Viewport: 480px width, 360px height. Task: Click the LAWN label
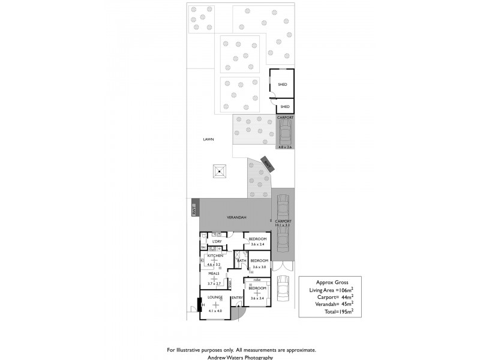(208, 139)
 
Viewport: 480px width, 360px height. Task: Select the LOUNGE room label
(215, 298)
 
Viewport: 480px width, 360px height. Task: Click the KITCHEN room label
(215, 256)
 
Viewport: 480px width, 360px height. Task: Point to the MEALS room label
(214, 274)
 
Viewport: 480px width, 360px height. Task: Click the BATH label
(242, 260)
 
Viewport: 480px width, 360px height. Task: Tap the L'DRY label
(217, 242)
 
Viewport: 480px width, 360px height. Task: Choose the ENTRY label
(236, 298)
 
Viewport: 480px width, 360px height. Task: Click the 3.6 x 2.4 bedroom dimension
(257, 245)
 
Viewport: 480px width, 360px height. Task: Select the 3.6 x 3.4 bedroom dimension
(257, 298)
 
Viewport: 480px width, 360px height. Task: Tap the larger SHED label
(282, 85)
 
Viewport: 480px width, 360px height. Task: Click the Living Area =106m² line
(331, 290)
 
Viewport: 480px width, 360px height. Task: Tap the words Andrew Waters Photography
(239, 357)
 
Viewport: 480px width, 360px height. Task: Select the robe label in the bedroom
(257, 280)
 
